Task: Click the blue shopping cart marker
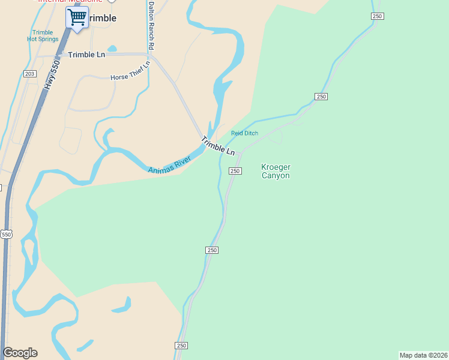(x=76, y=18)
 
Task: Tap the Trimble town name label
(x=101, y=18)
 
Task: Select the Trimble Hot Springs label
(x=43, y=35)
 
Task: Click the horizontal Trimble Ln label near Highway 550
(x=86, y=55)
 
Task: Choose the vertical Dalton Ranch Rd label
(x=151, y=25)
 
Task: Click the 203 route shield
(x=30, y=73)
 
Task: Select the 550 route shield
(x=6, y=234)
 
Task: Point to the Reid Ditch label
(x=244, y=133)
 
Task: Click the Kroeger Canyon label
(x=276, y=171)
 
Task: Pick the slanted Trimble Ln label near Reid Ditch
(x=217, y=146)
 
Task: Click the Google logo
(x=20, y=353)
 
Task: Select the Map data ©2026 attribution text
(x=423, y=355)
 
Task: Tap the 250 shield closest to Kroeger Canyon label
(x=235, y=171)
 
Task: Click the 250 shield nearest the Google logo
(x=181, y=346)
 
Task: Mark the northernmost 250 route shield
(x=376, y=16)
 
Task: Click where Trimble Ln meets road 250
(x=240, y=154)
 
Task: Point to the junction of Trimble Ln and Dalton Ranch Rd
(x=151, y=56)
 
